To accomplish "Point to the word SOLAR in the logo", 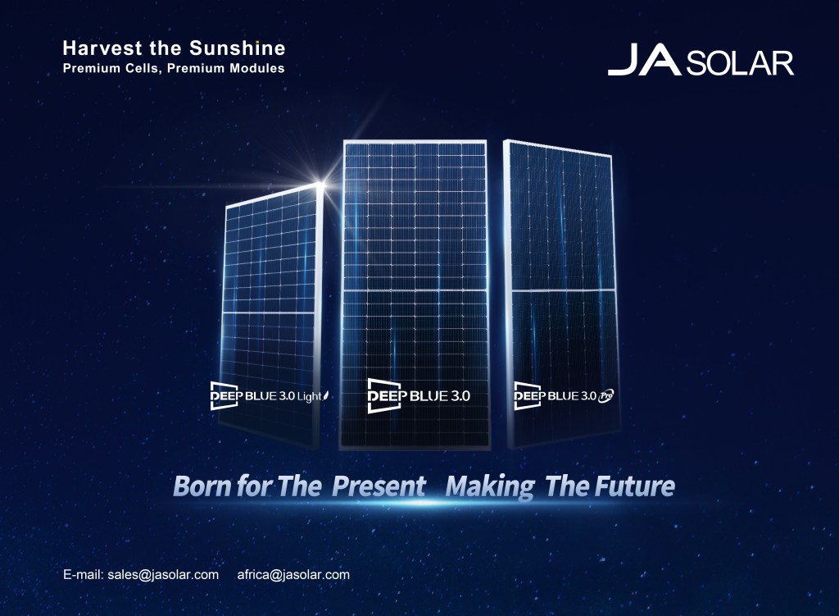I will coord(740,63).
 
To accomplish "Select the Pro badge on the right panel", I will coord(607,395).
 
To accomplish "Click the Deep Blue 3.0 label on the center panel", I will coord(419,395).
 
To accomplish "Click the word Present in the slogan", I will coord(379,486).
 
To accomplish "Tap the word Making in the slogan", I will coord(490,486).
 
